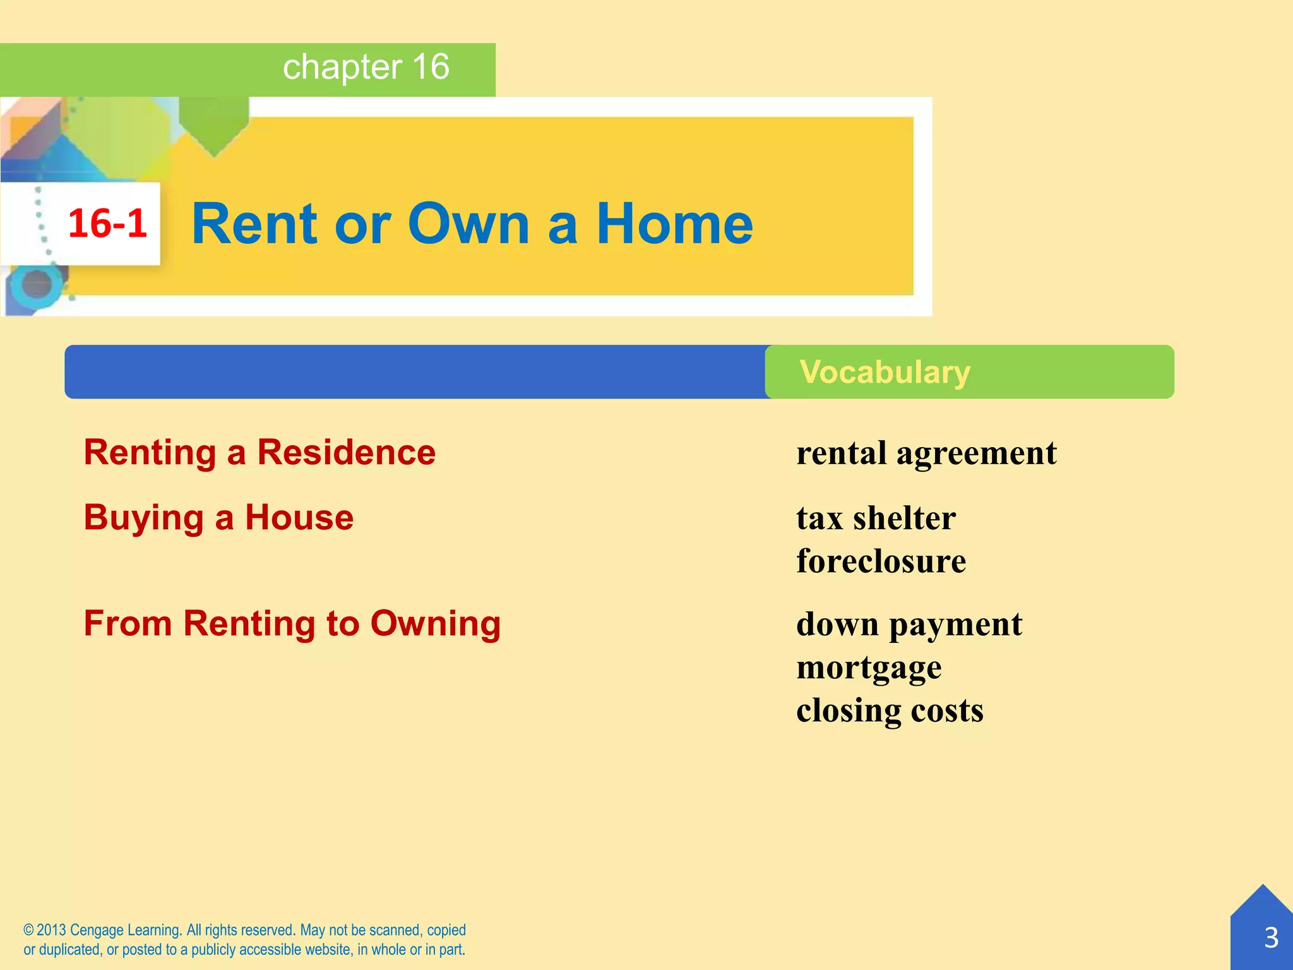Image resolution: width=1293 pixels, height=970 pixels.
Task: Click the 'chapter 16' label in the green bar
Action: point(366,67)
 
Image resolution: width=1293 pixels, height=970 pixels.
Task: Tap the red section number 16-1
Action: point(107,224)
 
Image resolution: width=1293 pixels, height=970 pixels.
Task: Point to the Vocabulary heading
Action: point(885,372)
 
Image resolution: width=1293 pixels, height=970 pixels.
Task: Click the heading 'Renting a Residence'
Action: point(259,453)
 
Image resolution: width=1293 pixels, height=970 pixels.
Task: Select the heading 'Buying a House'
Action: point(218,518)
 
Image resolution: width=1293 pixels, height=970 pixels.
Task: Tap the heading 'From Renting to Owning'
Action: point(292,624)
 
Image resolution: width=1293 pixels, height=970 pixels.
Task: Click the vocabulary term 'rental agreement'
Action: point(926,453)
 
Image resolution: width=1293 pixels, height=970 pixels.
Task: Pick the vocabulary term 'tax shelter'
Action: point(876,518)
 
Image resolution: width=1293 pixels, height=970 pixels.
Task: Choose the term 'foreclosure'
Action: point(881,561)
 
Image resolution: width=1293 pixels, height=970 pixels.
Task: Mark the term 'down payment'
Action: point(909,625)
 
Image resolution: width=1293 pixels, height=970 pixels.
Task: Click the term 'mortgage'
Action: point(869,668)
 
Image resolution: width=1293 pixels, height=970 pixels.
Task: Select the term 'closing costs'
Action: point(890,710)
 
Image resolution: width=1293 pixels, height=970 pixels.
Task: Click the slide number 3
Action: point(1271,938)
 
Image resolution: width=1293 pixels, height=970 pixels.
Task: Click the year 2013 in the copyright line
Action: point(51,930)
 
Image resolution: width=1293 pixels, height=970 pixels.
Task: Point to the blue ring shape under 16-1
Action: point(37,284)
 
